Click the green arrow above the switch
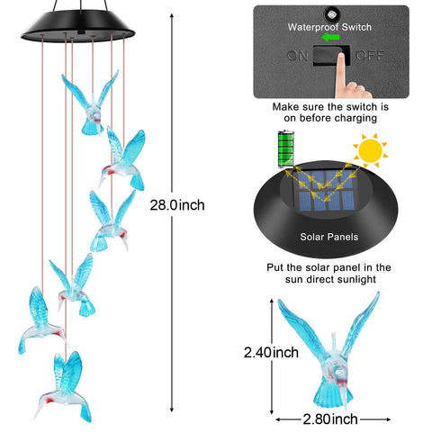click(330, 38)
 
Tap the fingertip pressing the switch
click(340, 57)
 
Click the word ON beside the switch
click(298, 56)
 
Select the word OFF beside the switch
click(370, 56)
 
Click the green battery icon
click(286, 148)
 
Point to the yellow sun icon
click(371, 150)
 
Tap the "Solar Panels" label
click(329, 237)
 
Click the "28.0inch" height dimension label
click(177, 205)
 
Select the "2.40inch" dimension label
click(271, 353)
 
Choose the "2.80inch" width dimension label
click(330, 419)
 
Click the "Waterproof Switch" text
click(329, 27)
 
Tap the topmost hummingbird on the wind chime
click(91, 103)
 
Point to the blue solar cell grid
click(327, 190)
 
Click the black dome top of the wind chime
click(78, 26)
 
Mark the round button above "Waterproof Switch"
click(331, 14)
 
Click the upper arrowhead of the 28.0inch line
click(172, 16)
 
